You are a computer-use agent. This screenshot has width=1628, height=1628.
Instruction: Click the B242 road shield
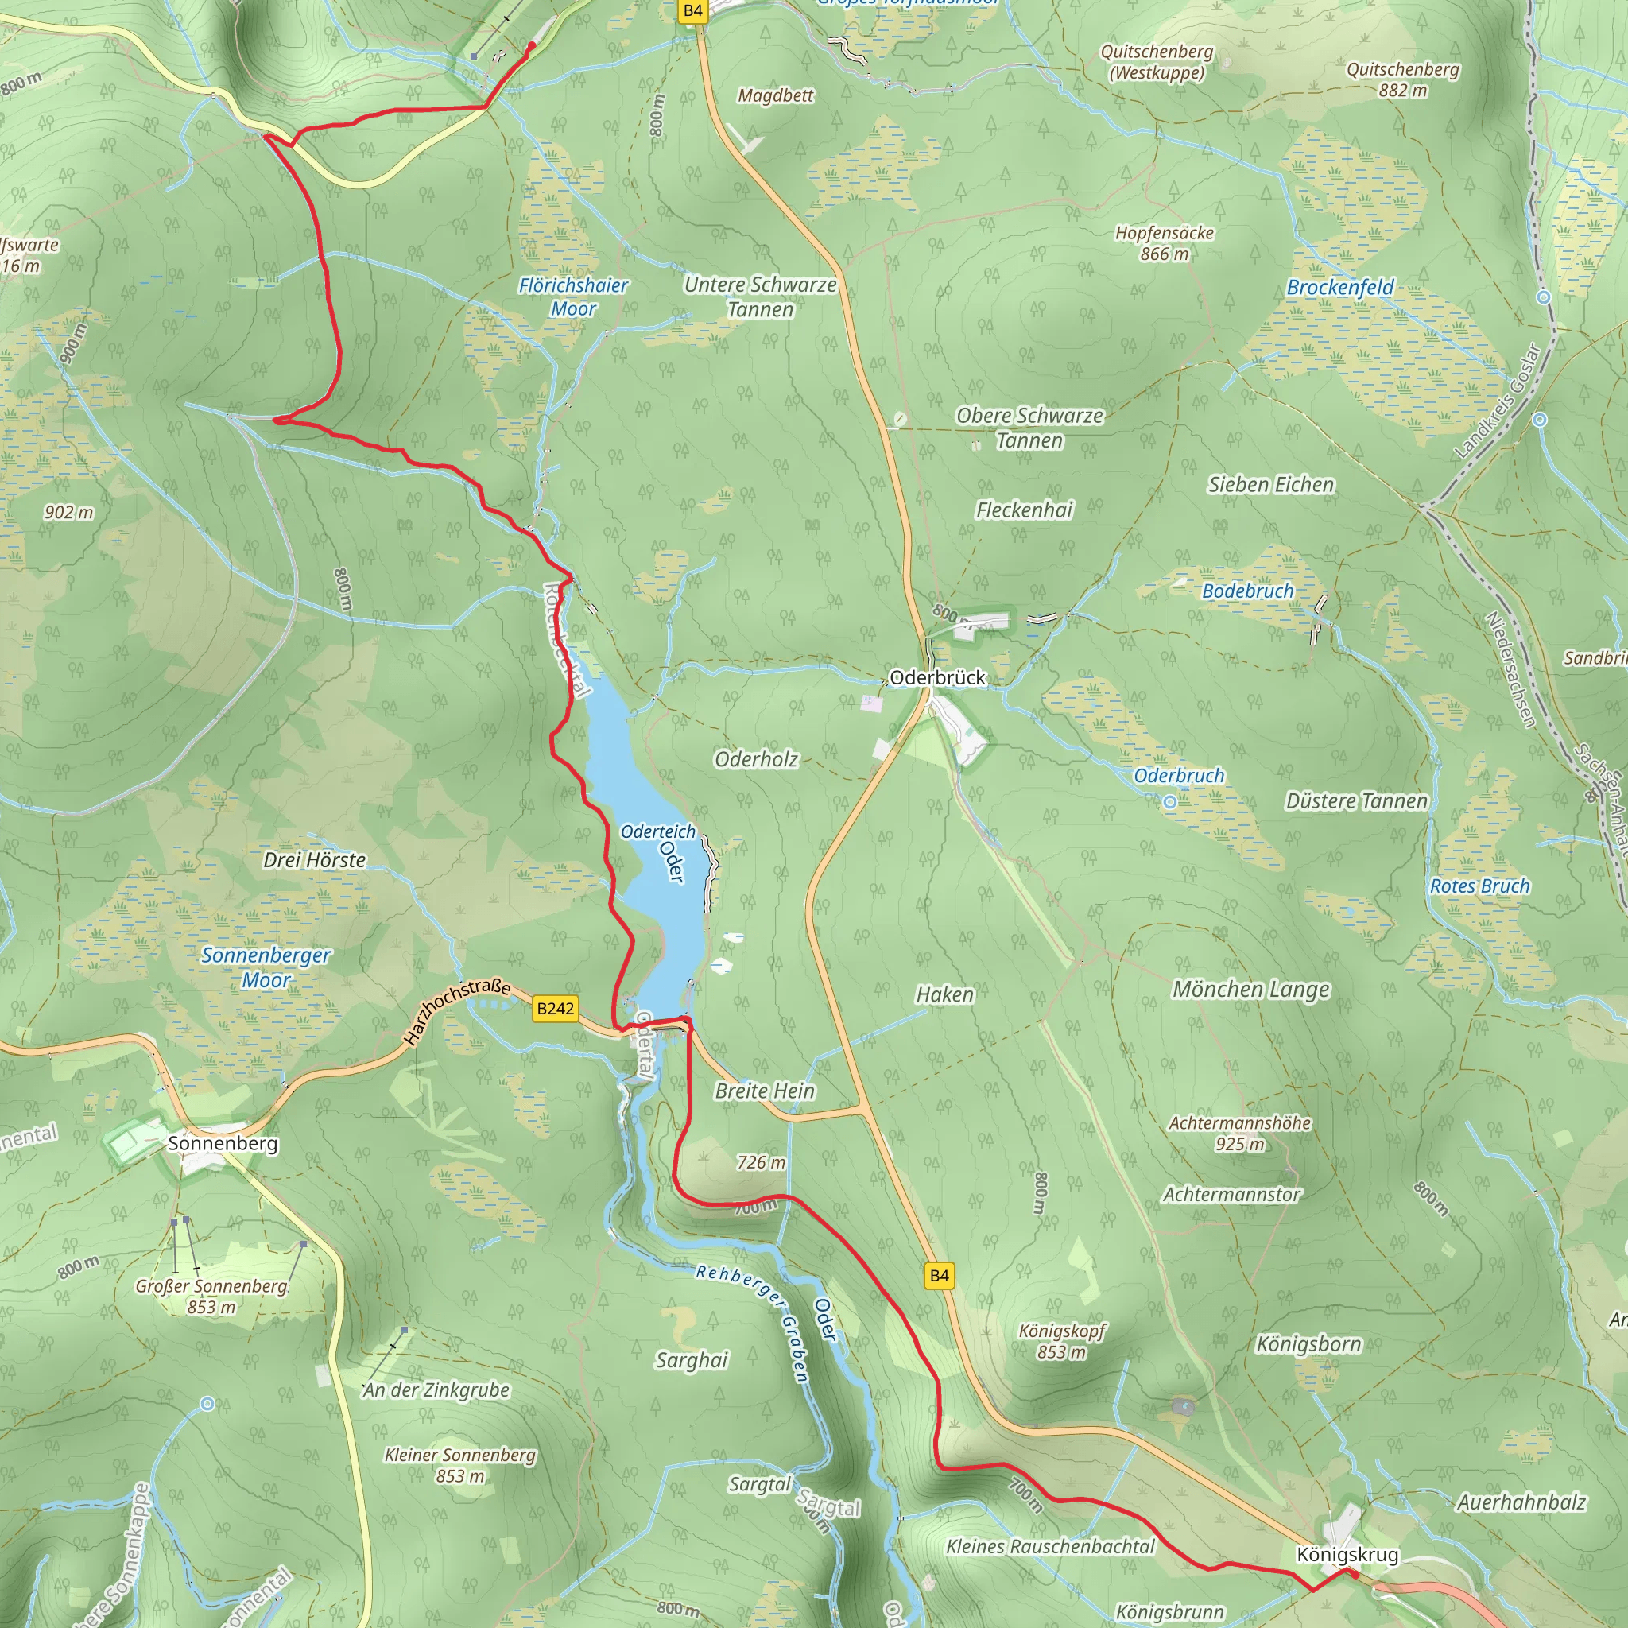[556, 1009]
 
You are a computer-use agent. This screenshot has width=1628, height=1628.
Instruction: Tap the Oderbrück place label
[937, 677]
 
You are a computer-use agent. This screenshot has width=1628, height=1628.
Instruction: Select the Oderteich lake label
[658, 831]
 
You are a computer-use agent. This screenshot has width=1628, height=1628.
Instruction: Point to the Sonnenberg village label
[223, 1143]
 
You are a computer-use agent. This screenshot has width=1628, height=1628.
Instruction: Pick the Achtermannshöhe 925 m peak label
[1238, 1134]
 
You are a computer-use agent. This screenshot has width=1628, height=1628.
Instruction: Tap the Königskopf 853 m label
[1061, 1342]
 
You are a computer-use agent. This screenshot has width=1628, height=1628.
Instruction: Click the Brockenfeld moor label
[1339, 287]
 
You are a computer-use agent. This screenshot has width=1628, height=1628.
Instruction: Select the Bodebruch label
[1247, 591]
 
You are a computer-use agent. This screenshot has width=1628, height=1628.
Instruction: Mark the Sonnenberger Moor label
[266, 967]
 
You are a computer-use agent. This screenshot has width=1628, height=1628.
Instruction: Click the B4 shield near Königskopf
[939, 1276]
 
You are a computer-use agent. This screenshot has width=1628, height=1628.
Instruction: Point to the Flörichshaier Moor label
[573, 297]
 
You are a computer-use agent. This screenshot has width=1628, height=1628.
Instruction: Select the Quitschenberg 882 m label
[1402, 80]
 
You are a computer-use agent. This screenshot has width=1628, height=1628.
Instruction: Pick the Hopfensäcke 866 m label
[1165, 242]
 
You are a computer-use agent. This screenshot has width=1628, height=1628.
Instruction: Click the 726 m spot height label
[761, 1163]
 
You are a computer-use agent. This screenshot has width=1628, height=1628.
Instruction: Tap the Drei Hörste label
[314, 860]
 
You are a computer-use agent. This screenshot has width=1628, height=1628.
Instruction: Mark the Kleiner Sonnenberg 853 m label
[460, 1465]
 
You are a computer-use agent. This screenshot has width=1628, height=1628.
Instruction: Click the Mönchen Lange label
[1250, 989]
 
